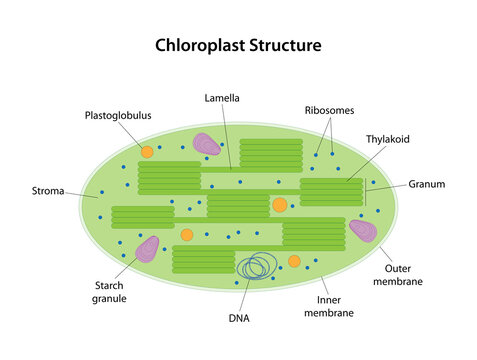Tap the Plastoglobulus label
(x=118, y=115)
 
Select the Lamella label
(x=222, y=98)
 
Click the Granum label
(x=426, y=184)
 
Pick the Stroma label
(x=49, y=189)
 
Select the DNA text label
(x=238, y=318)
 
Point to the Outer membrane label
(x=404, y=274)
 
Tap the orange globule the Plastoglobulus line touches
(x=147, y=152)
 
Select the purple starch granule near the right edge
(x=362, y=231)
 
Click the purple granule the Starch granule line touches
(x=147, y=249)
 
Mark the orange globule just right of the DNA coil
(x=294, y=261)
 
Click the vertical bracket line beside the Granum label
(x=365, y=191)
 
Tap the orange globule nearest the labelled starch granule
(x=186, y=235)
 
